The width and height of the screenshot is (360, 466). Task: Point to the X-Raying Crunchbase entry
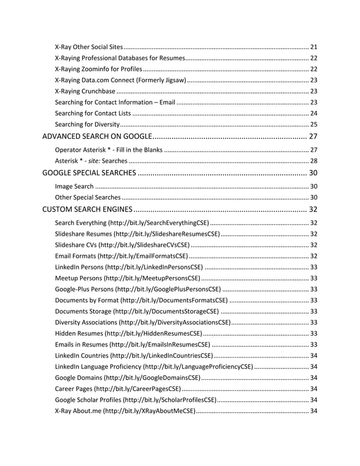pos(85,91)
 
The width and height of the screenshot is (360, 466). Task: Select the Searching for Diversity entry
pos(87,124)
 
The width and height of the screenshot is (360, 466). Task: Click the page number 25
pos(314,124)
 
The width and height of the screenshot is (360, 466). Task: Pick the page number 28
pos(314,161)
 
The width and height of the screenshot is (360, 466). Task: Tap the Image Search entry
pos(74,186)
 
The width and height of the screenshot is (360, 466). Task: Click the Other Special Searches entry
pos(87,197)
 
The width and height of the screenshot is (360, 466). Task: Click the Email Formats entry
pos(76,256)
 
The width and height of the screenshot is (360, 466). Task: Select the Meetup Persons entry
pos(79,278)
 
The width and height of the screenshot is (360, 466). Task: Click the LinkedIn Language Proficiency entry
pos(99,367)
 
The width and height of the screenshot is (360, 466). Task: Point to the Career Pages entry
pos(74,388)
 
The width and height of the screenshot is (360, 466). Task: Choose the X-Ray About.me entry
pos(78,410)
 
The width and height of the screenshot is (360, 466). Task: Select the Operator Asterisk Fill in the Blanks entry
pos(109,150)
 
